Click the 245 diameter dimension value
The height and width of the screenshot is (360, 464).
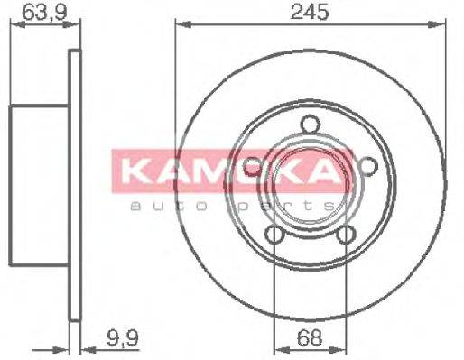[311, 13]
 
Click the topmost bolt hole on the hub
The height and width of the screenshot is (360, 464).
[311, 125]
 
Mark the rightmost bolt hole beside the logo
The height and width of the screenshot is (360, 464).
[367, 165]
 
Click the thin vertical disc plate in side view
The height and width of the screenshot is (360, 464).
[75, 180]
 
